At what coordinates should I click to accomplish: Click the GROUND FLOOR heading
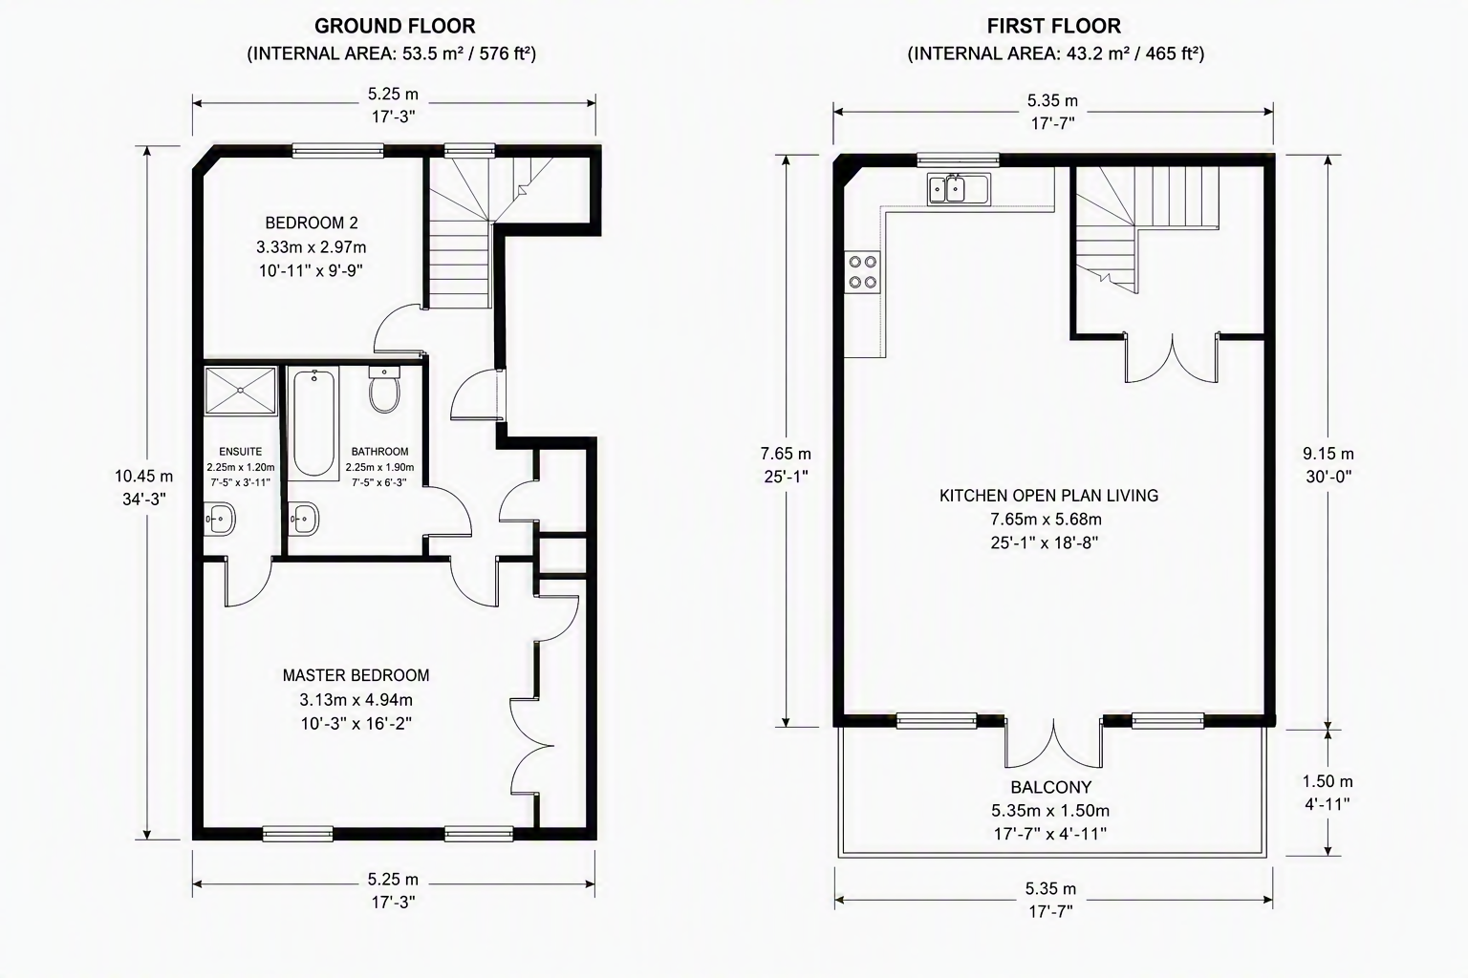click(x=395, y=26)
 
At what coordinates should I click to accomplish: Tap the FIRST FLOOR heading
click(x=1054, y=26)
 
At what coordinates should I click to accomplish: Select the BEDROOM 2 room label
click(x=312, y=223)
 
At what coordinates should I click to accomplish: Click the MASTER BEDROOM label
click(x=356, y=675)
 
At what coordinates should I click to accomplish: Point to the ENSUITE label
click(x=241, y=452)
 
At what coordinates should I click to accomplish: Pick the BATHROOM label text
click(x=379, y=452)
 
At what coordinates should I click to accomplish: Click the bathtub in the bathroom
click(x=313, y=422)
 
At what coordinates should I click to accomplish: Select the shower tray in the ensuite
click(x=241, y=391)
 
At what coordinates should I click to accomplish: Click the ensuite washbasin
click(x=220, y=520)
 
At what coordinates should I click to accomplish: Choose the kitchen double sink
click(x=959, y=189)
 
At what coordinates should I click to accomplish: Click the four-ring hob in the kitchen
click(x=862, y=272)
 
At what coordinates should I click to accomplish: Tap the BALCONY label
click(x=1051, y=787)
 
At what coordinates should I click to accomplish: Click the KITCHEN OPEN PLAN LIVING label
click(x=1048, y=496)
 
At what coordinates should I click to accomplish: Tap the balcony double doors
click(x=1054, y=743)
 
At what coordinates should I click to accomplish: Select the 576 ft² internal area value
click(x=505, y=53)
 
